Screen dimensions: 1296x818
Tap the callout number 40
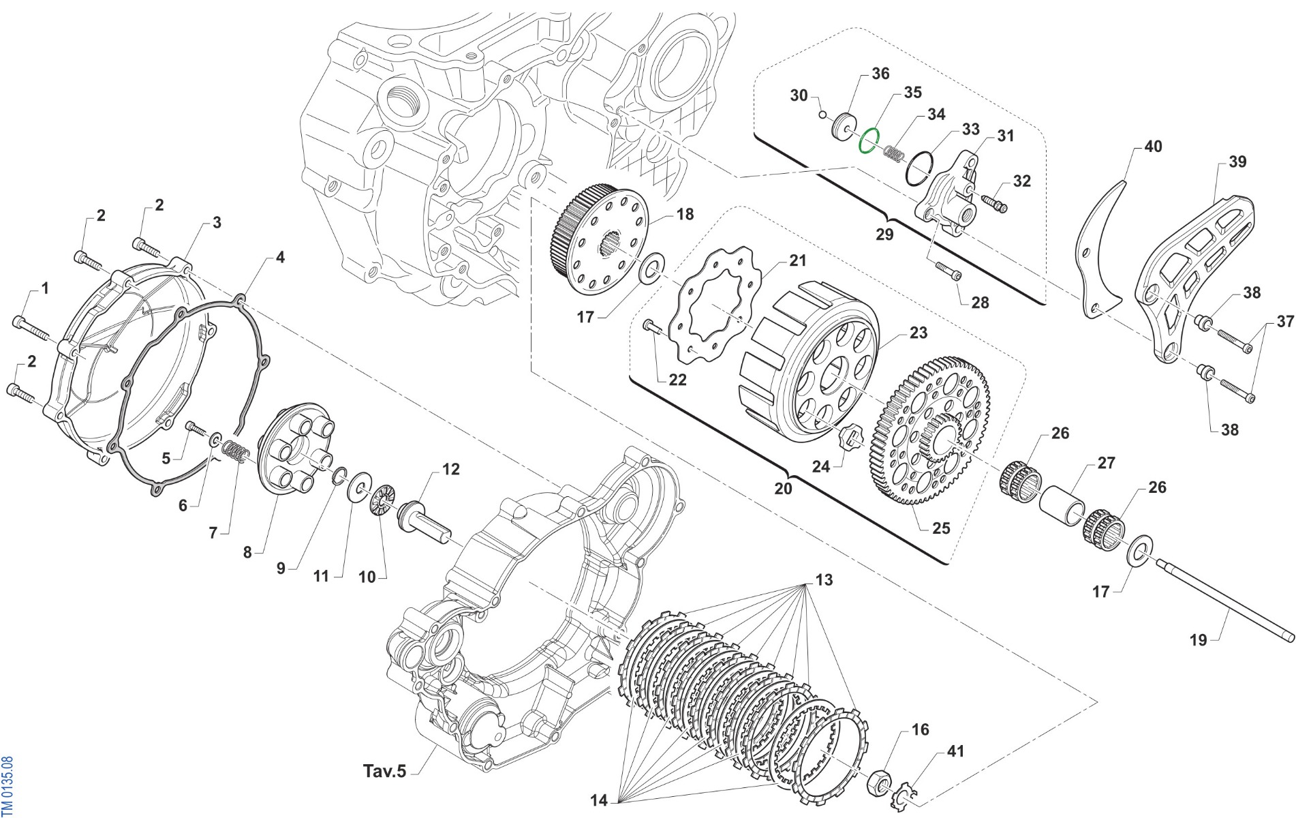pos(1153,147)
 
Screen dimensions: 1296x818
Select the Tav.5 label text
pos(384,771)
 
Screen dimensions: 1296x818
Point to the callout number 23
pos(919,333)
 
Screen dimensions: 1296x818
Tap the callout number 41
pos(956,751)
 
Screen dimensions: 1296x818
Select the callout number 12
pos(451,469)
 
